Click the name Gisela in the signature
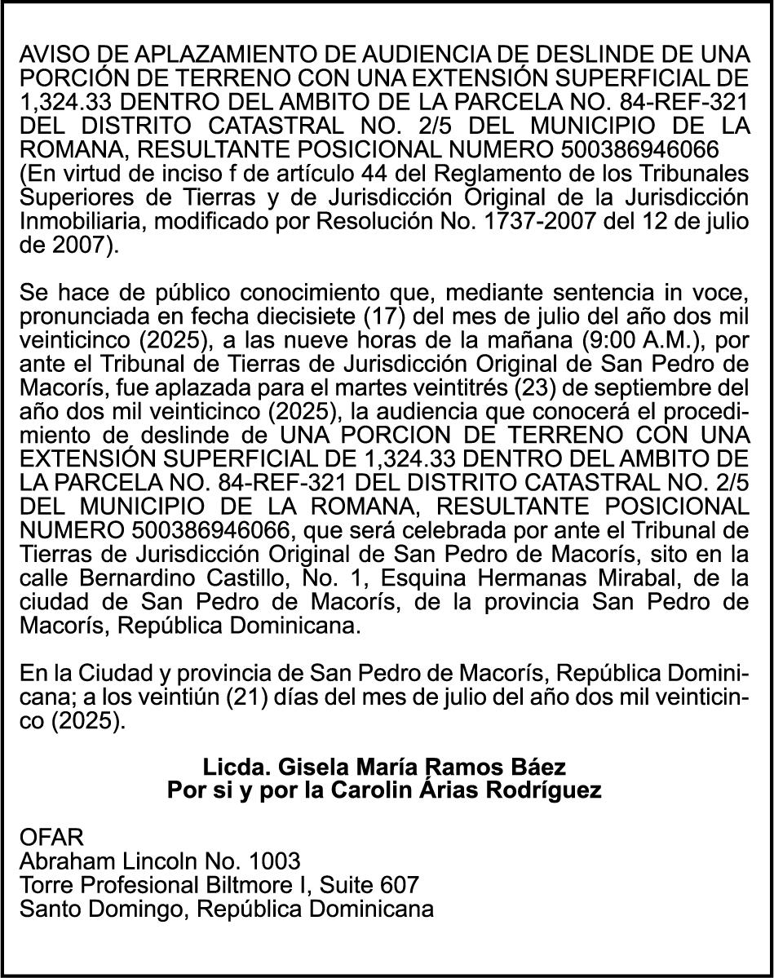308,768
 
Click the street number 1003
274,861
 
